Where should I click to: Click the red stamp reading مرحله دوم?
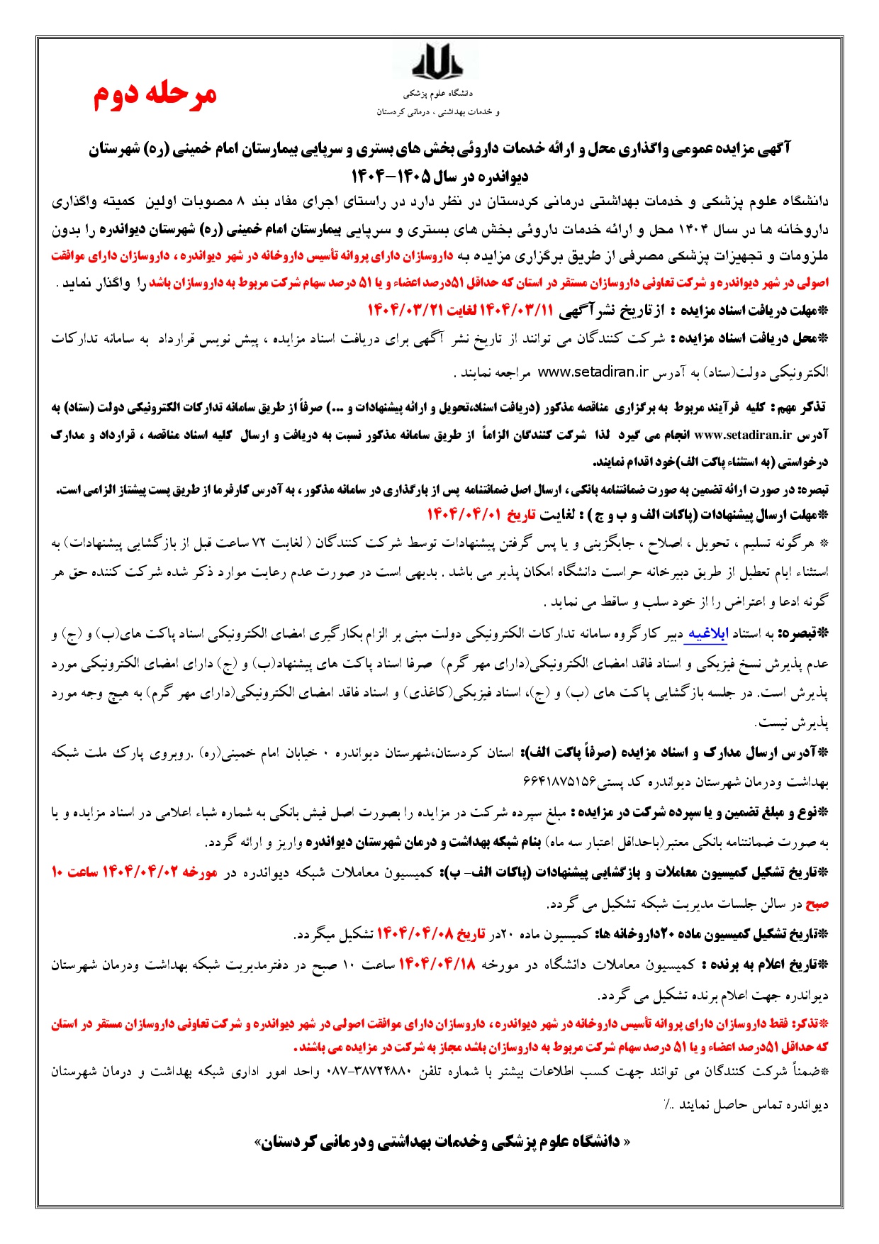click(155, 95)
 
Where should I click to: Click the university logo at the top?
click(437, 60)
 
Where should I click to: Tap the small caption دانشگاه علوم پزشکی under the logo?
click(438, 93)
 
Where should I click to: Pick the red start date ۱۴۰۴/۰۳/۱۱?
click(516, 310)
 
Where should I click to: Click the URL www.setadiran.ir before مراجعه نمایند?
click(593, 371)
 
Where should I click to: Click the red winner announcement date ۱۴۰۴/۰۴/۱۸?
click(437, 964)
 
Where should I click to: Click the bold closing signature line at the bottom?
click(439, 1141)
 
